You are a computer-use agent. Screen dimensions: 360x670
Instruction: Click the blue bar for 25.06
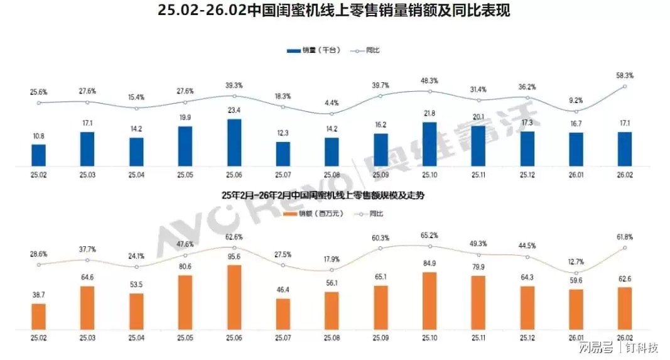tap(234, 143)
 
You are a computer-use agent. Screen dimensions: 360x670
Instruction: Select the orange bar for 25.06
tap(234, 297)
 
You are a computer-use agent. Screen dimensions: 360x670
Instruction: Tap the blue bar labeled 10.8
tap(38, 155)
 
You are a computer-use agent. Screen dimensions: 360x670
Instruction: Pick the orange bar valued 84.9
tap(430, 301)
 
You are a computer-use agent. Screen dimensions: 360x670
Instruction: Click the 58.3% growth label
tap(624, 75)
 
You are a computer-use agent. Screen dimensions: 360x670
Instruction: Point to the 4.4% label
tap(332, 102)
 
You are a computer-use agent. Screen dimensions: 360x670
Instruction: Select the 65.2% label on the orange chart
tap(430, 234)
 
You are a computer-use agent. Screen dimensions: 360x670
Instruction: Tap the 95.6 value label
tap(234, 256)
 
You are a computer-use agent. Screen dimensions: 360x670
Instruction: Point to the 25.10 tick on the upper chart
tap(430, 175)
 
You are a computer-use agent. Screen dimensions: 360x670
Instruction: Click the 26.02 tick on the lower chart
tap(624, 337)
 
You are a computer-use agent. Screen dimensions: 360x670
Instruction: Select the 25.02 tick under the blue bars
tap(38, 175)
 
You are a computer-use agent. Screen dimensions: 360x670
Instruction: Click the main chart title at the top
tap(335, 11)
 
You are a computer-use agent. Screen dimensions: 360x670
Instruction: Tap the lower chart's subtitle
tap(323, 195)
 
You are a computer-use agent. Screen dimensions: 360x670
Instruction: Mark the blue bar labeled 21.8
tap(430, 144)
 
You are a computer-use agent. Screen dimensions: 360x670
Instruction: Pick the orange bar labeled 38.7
tap(38, 316)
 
